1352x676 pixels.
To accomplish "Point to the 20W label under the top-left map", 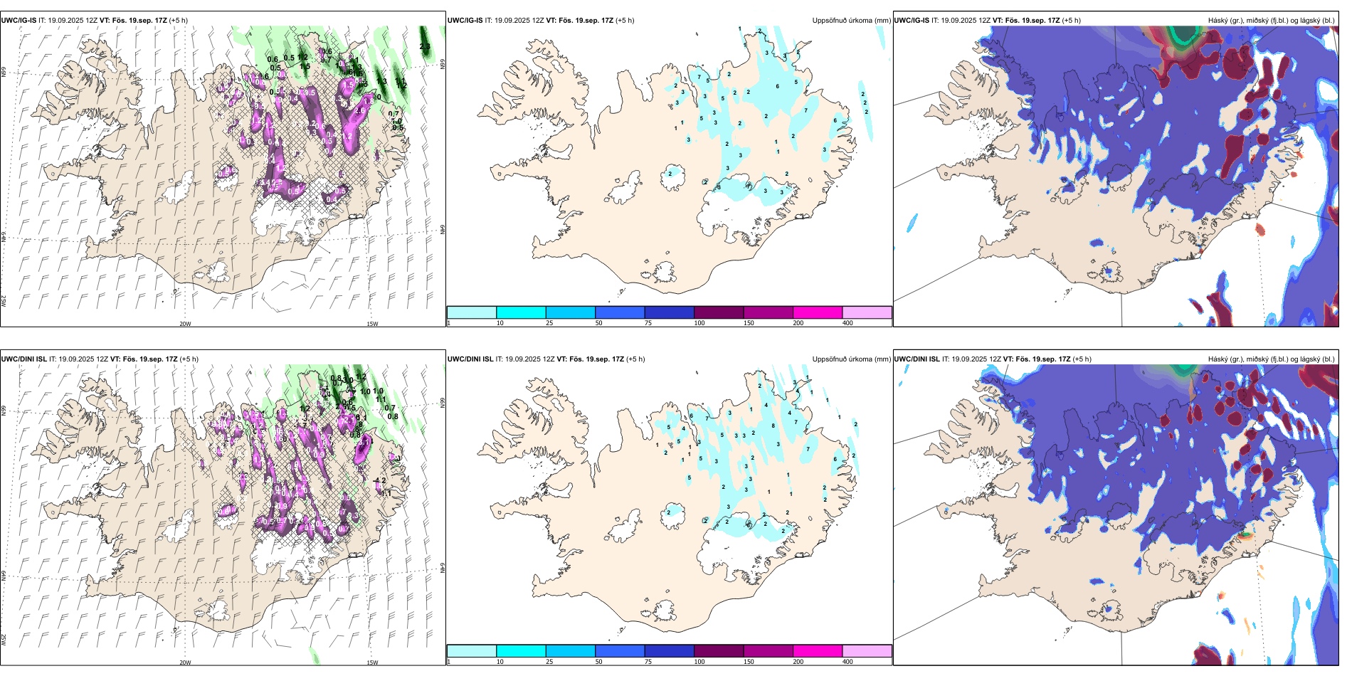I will click(x=185, y=324).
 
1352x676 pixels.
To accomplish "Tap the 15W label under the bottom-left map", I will click(x=372, y=662).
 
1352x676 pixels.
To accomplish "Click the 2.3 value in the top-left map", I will click(x=425, y=47).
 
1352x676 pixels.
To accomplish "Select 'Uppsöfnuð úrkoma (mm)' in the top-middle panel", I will click(x=851, y=21).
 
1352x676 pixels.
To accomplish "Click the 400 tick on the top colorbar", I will click(x=847, y=323).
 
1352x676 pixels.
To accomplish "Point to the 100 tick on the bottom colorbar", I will click(x=699, y=662).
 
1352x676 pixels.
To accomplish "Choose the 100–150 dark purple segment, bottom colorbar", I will click(x=719, y=651).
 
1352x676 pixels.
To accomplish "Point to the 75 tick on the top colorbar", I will click(x=649, y=323).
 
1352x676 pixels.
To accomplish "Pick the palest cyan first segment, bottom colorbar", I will click(x=471, y=651).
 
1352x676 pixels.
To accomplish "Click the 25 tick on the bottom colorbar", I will click(x=549, y=662).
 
